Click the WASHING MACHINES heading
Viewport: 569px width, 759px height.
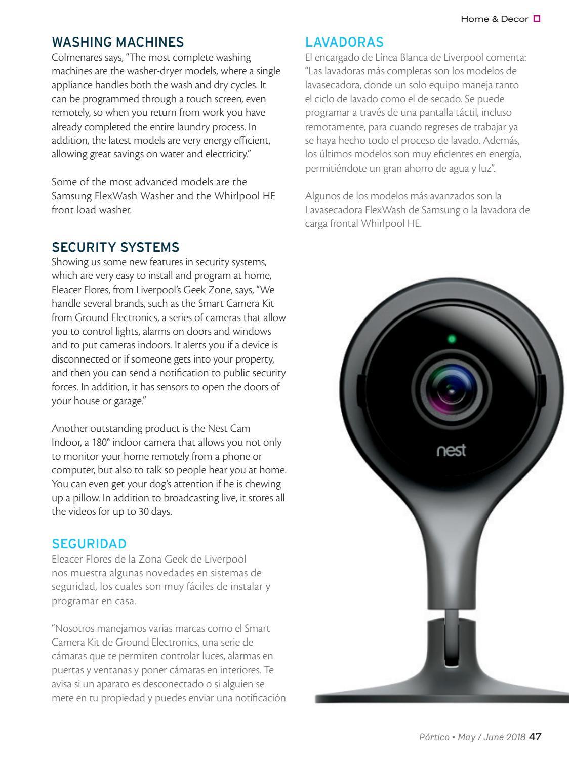tap(117, 41)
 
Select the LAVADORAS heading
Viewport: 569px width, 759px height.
tap(344, 41)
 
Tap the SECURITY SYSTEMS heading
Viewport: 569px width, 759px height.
tap(115, 247)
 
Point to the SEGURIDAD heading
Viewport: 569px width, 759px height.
tap(89, 544)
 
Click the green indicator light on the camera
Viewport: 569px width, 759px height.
tap(452, 339)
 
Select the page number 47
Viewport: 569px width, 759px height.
tap(535, 737)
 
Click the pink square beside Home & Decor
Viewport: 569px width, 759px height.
tap(537, 19)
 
